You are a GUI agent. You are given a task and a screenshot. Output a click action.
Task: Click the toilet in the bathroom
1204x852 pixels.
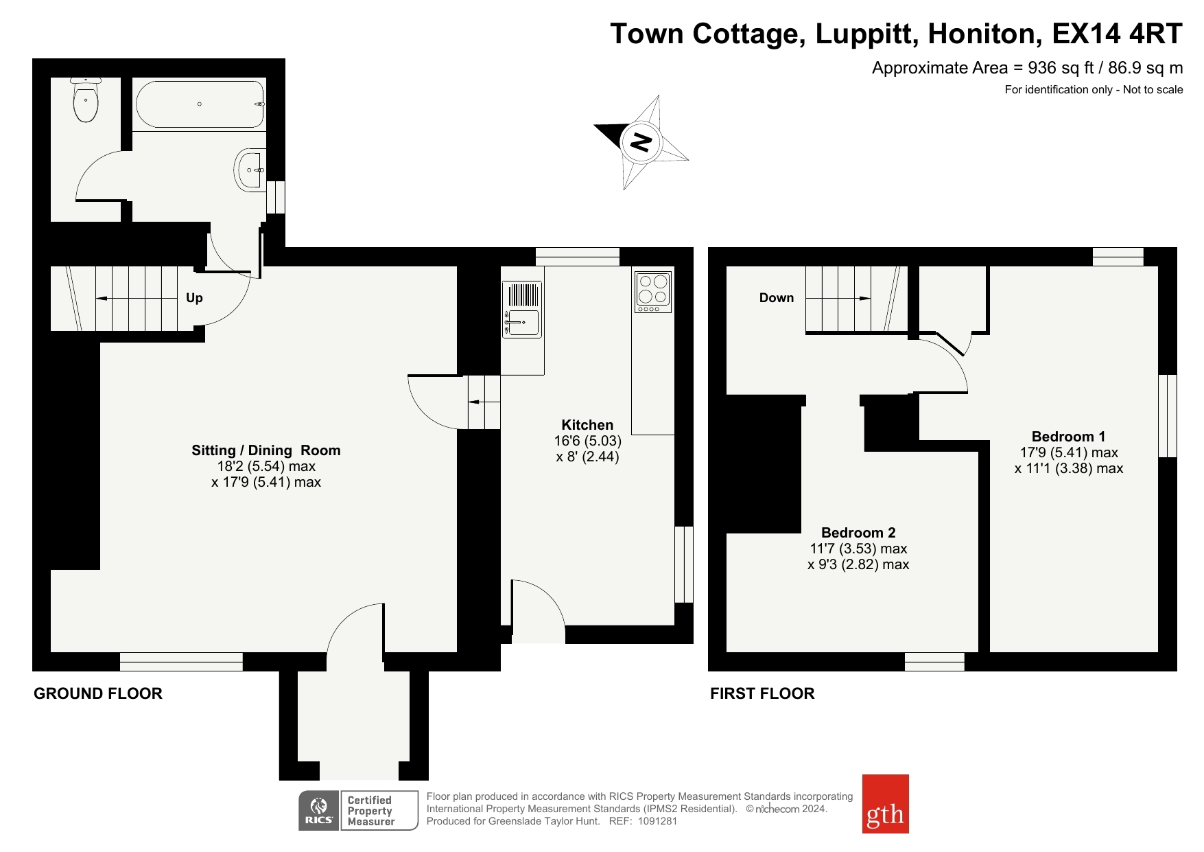(x=86, y=100)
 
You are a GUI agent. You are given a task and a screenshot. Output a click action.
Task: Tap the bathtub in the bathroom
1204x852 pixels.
(x=200, y=104)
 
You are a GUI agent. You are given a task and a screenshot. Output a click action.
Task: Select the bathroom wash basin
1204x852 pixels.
(x=250, y=169)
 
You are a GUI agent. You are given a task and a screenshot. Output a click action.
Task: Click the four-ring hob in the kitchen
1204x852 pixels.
(x=652, y=292)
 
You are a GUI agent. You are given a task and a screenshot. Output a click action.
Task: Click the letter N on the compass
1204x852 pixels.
(x=641, y=142)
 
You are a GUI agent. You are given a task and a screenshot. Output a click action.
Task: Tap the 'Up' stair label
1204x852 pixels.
(x=194, y=298)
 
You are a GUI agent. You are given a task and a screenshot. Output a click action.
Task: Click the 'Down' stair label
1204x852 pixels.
(x=777, y=298)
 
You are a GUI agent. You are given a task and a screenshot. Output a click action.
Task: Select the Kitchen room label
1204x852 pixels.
(x=587, y=425)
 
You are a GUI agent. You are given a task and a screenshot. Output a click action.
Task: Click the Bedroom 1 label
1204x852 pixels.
(x=1068, y=437)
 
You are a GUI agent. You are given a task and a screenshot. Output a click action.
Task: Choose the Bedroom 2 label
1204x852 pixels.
(x=858, y=533)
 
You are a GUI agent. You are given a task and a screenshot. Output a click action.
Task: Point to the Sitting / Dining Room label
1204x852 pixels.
(x=266, y=450)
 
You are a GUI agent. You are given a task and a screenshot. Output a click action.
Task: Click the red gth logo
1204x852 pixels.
(x=885, y=804)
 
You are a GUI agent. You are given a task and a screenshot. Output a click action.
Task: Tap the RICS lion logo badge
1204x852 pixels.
(x=319, y=811)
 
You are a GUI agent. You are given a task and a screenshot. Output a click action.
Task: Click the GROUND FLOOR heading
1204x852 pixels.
(x=98, y=693)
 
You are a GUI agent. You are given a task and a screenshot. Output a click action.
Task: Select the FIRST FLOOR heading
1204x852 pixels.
(x=762, y=693)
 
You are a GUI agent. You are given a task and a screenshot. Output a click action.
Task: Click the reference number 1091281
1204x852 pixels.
(x=657, y=821)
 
